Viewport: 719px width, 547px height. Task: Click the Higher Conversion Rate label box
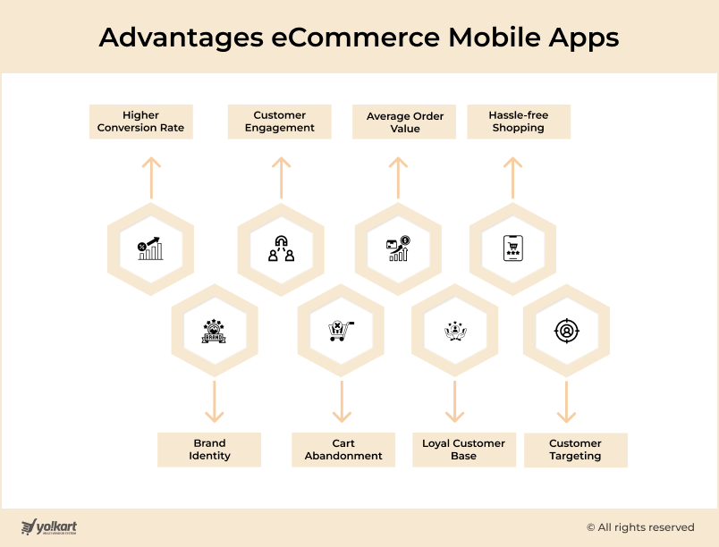(x=140, y=122)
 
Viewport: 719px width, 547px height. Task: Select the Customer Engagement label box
(x=279, y=122)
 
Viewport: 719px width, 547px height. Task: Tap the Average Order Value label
(x=404, y=122)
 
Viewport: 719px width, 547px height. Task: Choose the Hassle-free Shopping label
(x=519, y=122)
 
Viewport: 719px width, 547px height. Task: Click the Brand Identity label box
(x=209, y=450)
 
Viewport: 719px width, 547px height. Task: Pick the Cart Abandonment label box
(x=343, y=450)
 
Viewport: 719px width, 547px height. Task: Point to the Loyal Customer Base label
(x=464, y=450)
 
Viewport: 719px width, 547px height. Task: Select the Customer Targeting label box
(x=576, y=450)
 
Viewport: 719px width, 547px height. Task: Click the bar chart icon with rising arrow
(x=150, y=248)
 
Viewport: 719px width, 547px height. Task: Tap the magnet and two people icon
(x=281, y=248)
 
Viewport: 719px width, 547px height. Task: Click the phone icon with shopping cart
(x=513, y=248)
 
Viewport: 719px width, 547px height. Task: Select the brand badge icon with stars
(x=214, y=332)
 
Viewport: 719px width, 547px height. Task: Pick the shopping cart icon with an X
(x=341, y=331)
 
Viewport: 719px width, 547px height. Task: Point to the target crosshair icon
(x=567, y=331)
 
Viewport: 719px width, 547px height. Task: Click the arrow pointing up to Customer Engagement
(x=281, y=178)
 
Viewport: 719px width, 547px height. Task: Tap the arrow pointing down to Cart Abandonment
(x=342, y=402)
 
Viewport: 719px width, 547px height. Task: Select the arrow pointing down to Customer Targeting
(x=566, y=402)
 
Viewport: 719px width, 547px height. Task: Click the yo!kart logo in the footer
(x=49, y=526)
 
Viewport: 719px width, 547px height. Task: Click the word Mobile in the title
(x=495, y=38)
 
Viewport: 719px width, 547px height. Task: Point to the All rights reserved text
(x=640, y=527)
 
